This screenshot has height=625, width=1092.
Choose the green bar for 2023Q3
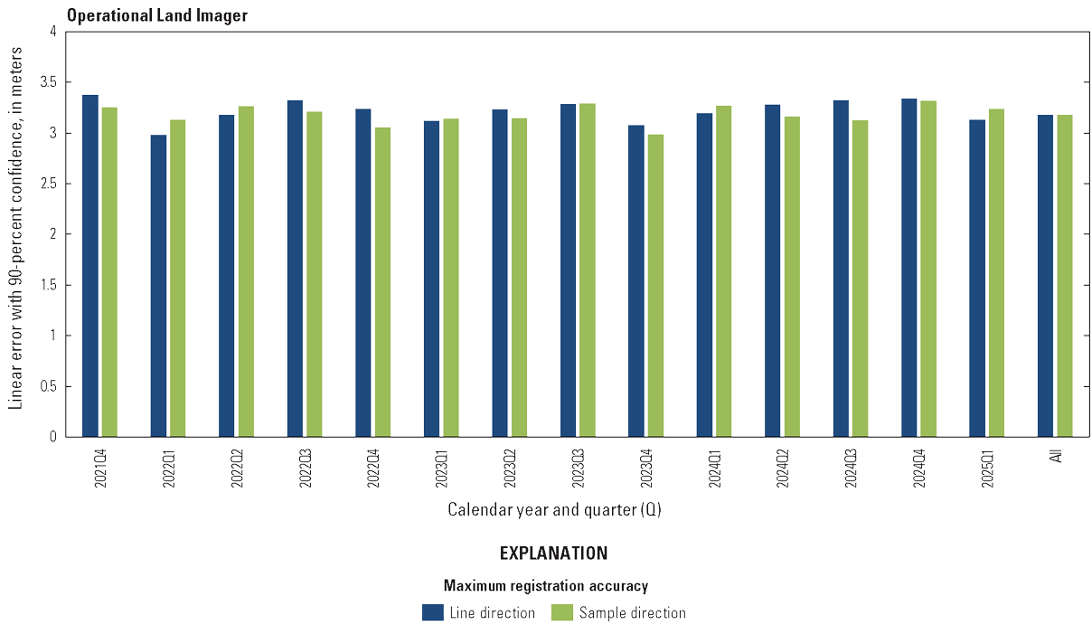tap(588, 270)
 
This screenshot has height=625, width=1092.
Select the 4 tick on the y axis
tap(52, 32)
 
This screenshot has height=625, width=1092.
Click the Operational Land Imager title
tap(156, 15)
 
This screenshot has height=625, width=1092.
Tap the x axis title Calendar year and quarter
tap(554, 510)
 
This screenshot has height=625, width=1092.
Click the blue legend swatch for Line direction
tap(432, 612)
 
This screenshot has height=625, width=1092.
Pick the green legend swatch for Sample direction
tap(562, 612)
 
